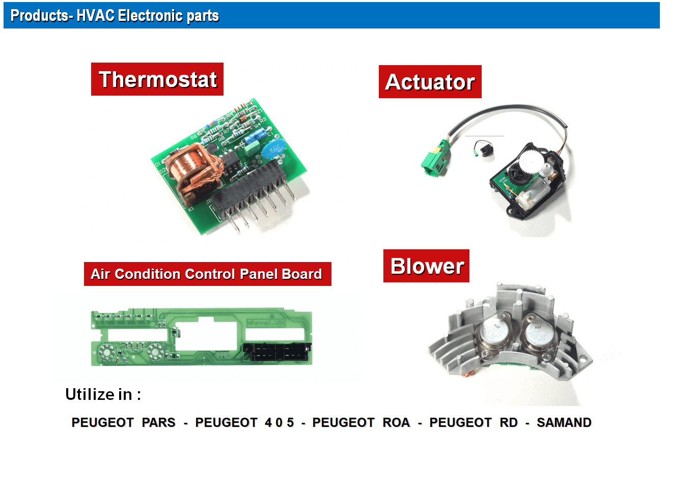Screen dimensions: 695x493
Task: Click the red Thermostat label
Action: (x=157, y=79)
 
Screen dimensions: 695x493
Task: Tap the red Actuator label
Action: (x=430, y=81)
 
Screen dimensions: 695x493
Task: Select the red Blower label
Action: (x=426, y=266)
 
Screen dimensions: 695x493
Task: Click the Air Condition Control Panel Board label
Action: (x=207, y=274)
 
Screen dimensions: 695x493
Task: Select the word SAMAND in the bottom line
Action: (x=564, y=422)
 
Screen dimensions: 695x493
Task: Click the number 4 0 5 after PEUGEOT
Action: (x=279, y=422)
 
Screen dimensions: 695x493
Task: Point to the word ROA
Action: (x=396, y=422)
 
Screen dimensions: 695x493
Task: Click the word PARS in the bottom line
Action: (x=158, y=422)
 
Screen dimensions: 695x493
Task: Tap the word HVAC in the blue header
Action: (x=95, y=15)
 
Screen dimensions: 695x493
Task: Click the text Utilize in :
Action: (x=103, y=394)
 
